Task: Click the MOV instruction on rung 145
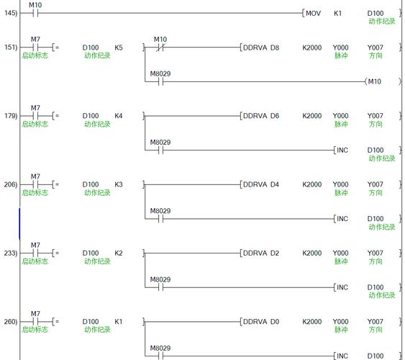coord(313,13)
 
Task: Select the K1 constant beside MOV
coord(337,13)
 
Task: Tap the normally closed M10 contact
coord(160,48)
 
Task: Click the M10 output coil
coord(375,81)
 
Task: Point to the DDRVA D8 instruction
coord(261,48)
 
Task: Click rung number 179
coord(11,116)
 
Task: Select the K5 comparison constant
coord(119,48)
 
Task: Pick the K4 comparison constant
coord(119,116)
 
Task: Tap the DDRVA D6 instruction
coord(261,116)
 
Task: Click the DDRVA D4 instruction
coord(261,184)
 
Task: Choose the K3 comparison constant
coord(119,184)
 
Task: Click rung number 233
coord(11,253)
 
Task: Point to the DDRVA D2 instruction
coord(261,253)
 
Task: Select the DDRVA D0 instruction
coord(261,322)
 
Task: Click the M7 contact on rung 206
coord(35,184)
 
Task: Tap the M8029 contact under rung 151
coord(160,81)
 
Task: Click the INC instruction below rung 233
coord(342,287)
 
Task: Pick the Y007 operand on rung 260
coord(376,322)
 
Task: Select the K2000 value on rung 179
coord(312,116)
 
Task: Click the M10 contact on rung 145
coord(35,13)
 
